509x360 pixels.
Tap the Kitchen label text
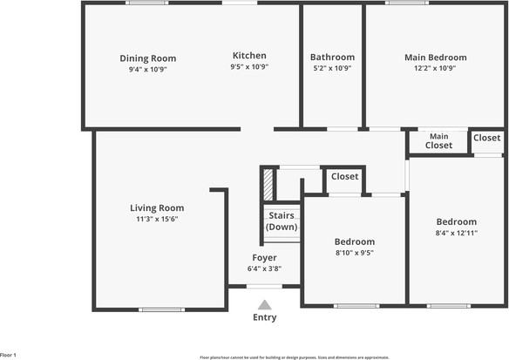pyautogui.click(x=249, y=56)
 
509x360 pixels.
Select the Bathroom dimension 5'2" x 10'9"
pyautogui.click(x=333, y=67)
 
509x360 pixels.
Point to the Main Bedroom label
pyautogui.click(x=435, y=58)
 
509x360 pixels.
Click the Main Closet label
pyautogui.click(x=438, y=140)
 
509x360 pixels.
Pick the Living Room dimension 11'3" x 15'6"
pyautogui.click(x=157, y=219)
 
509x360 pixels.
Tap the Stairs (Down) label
pyautogui.click(x=282, y=221)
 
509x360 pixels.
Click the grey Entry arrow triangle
pyautogui.click(x=264, y=304)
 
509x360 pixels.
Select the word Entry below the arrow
pyautogui.click(x=264, y=317)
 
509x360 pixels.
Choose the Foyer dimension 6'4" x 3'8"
pyautogui.click(x=264, y=268)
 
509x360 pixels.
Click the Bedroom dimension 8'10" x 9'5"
pyautogui.click(x=355, y=253)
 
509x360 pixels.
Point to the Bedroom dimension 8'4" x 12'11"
pyautogui.click(x=457, y=233)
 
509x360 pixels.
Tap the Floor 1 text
pyautogui.click(x=9, y=356)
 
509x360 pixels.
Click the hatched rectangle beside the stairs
pyautogui.click(x=268, y=185)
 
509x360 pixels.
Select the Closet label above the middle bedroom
pyautogui.click(x=344, y=177)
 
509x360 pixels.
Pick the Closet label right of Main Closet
pyautogui.click(x=486, y=138)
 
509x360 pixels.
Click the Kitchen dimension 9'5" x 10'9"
pyautogui.click(x=249, y=67)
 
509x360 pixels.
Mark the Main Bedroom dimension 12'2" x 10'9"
pyautogui.click(x=435, y=68)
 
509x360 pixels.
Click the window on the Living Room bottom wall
pyautogui.click(x=161, y=309)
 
